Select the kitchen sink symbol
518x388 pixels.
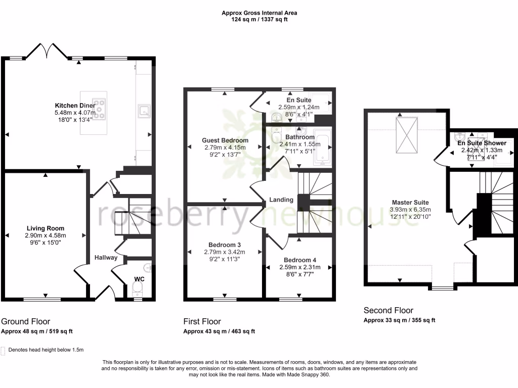(144, 110)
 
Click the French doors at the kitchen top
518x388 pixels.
(48, 51)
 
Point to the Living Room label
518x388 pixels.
(46, 228)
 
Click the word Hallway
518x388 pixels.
(106, 258)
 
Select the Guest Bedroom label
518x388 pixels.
(225, 140)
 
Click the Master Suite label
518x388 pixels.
(410, 203)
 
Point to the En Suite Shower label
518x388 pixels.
(482, 143)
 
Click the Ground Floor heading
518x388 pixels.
(26, 321)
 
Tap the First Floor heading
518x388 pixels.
(202, 321)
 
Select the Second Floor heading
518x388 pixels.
(388, 310)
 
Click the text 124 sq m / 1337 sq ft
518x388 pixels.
(258, 19)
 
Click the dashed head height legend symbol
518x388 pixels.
(4, 350)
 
